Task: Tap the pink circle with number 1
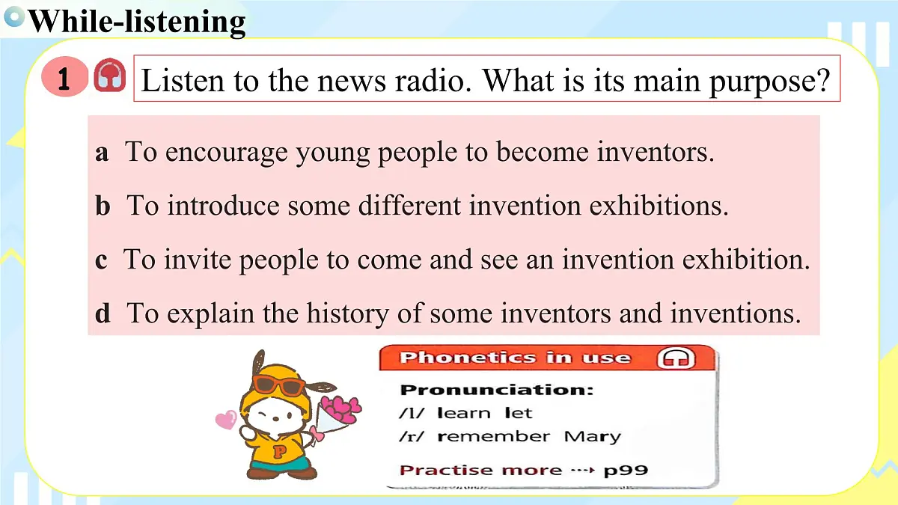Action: [x=64, y=78]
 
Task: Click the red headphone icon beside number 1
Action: [x=109, y=76]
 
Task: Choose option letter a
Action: [x=102, y=153]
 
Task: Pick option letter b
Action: [x=103, y=206]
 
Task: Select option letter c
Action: [x=101, y=260]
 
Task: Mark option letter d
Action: [x=103, y=313]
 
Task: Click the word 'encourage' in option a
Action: [x=226, y=153]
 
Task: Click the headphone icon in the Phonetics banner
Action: [x=676, y=358]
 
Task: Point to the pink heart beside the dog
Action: [x=225, y=420]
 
